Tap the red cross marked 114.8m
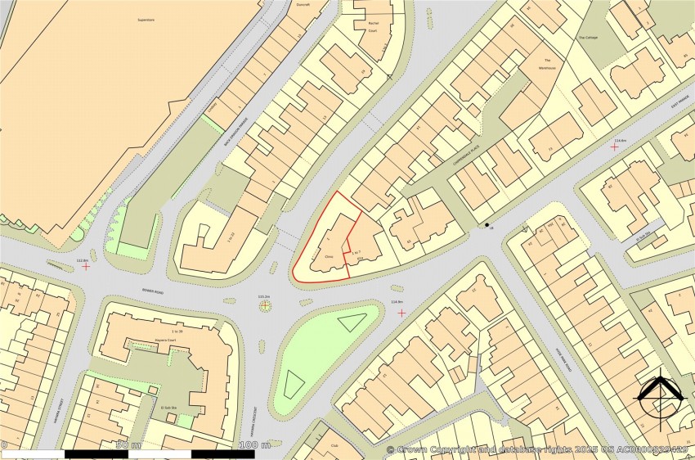point(615,148)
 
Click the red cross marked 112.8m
point(86,266)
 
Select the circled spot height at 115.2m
point(264,306)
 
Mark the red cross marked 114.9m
point(401,312)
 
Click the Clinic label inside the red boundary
point(330,256)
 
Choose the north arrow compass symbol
point(661,399)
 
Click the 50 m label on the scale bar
point(128,445)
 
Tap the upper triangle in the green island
point(351,322)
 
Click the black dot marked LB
point(487,225)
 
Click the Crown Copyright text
point(540,450)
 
